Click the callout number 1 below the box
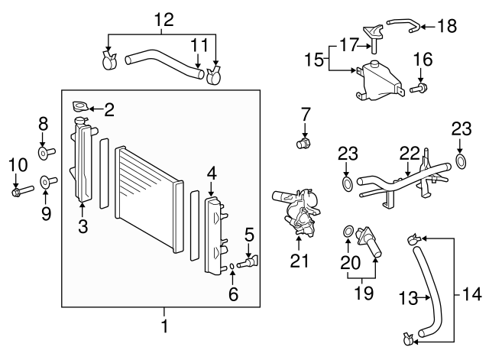pyautogui.click(x=164, y=326)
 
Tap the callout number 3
pyautogui.click(x=83, y=225)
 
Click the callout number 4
pyautogui.click(x=212, y=173)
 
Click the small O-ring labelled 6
pyautogui.click(x=232, y=267)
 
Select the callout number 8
pyautogui.click(x=44, y=122)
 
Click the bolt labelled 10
pyautogui.click(x=19, y=191)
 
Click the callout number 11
pyautogui.click(x=199, y=45)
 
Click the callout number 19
pyautogui.click(x=362, y=291)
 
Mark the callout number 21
pyautogui.click(x=299, y=261)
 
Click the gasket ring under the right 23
pyautogui.click(x=461, y=161)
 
